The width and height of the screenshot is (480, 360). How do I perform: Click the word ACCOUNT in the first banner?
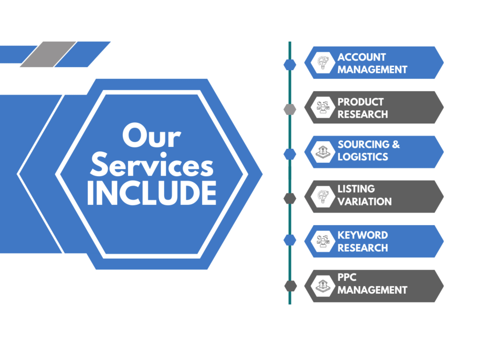361,57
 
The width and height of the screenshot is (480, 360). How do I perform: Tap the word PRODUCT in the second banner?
360,102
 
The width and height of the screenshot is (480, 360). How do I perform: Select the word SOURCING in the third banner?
363,144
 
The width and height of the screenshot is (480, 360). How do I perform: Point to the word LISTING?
356,189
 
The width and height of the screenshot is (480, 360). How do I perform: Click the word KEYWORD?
363,235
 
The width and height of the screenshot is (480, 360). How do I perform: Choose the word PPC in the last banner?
347,277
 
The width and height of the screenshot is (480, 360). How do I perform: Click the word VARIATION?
365,202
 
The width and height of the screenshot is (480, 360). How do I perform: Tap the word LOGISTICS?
363,157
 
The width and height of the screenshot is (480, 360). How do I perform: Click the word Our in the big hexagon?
152,135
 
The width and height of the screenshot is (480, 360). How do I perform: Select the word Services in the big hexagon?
152,165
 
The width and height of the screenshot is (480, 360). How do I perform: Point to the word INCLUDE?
152,193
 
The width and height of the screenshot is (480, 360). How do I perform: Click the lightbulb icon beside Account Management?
323,63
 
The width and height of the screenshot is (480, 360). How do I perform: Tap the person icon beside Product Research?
323,108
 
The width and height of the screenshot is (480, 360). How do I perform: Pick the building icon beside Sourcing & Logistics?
323,152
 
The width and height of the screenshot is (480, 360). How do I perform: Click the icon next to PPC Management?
323,286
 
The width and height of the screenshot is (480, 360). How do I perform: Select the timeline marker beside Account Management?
290,65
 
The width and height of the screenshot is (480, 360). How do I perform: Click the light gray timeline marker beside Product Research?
290,109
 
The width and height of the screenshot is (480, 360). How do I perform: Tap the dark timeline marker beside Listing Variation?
290,198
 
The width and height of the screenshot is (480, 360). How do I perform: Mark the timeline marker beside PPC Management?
290,286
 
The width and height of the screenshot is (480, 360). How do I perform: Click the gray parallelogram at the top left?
48,54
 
